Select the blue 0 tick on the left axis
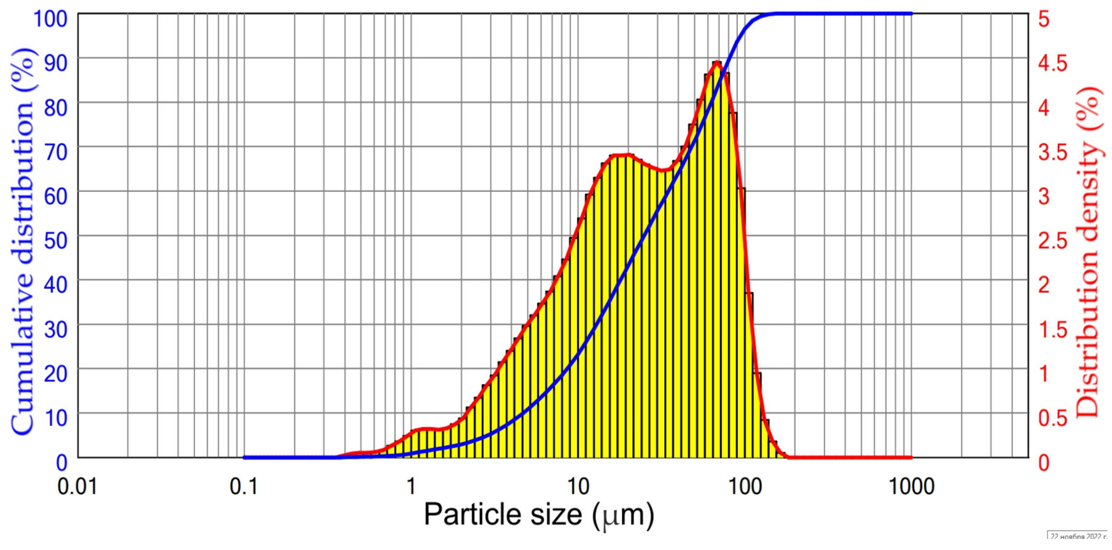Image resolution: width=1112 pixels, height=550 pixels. tap(62, 463)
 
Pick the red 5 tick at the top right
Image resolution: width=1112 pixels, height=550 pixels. tap(1044, 19)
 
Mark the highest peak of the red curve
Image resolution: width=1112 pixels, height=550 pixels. tap(717, 62)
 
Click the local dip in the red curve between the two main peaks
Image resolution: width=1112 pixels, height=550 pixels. tap(665, 171)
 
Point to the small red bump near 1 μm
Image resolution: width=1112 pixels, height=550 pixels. tap(425, 429)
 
